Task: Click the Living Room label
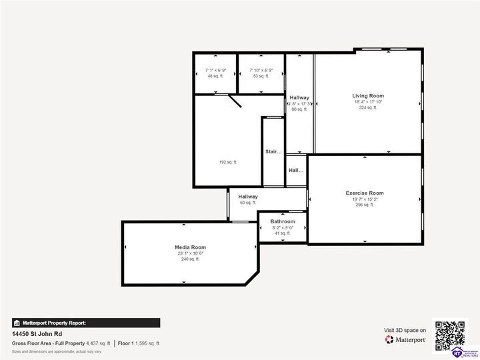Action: coord(368,96)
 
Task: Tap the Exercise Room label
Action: coord(365,193)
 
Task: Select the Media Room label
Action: coord(190,247)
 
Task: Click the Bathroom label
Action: coord(283,221)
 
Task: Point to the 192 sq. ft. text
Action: coord(228,162)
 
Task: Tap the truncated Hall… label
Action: coord(296,171)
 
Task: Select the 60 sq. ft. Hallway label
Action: coord(248,197)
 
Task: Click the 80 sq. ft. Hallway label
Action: coord(299,98)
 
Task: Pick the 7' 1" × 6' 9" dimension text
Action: coord(215,70)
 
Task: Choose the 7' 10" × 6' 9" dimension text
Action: coord(261,70)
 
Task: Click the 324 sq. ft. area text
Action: coord(368,107)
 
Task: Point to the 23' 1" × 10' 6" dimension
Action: coord(190,253)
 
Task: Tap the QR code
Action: coord(450,335)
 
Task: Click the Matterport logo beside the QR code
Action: coord(405,339)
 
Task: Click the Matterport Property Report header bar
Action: coord(86,323)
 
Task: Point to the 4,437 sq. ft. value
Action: coord(99,343)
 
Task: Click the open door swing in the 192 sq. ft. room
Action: coord(235,101)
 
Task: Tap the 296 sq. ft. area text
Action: coord(365,205)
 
